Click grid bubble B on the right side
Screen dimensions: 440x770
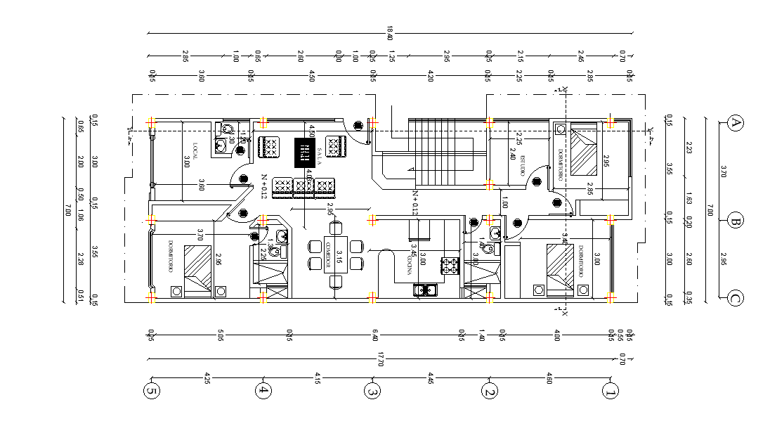point(736,221)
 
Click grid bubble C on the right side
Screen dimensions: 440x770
point(736,299)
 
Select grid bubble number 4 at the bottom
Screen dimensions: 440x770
point(263,390)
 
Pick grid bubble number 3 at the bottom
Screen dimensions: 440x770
point(373,390)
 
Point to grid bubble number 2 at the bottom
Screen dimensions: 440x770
point(490,390)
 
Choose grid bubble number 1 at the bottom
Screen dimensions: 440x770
point(610,390)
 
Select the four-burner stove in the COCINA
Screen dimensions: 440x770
point(448,266)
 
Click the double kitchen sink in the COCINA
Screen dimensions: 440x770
point(424,289)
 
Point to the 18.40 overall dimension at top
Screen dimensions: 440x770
point(390,33)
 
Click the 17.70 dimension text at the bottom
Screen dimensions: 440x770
point(380,360)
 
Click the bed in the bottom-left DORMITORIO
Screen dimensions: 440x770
point(197,267)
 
